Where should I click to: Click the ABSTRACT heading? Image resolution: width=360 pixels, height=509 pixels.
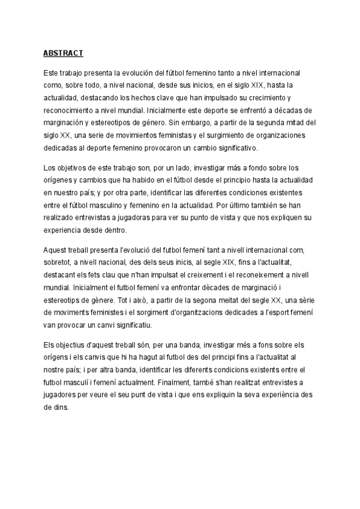(63, 53)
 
